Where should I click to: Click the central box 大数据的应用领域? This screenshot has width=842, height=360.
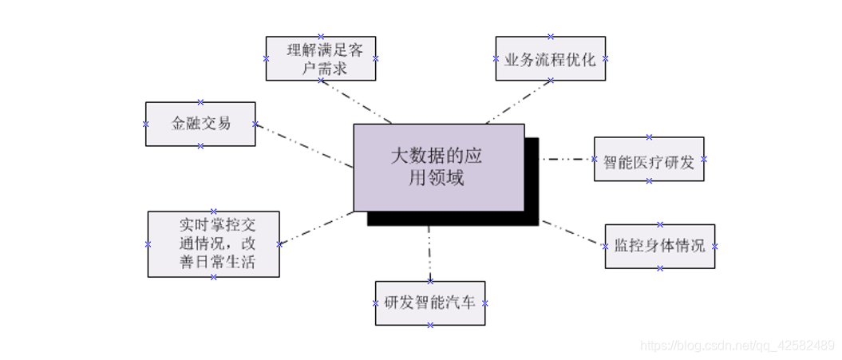click(438, 167)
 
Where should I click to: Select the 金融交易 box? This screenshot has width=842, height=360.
click(200, 124)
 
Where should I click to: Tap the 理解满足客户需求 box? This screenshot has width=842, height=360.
click(320, 58)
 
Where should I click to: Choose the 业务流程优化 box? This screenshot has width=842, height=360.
click(550, 58)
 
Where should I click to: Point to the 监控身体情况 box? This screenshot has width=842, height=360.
click(659, 246)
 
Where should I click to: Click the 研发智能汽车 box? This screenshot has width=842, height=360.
click(430, 303)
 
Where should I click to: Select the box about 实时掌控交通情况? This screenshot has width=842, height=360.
click(214, 243)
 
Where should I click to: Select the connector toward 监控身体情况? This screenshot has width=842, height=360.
click(572, 232)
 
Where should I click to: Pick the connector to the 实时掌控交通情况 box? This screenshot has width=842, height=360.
click(316, 228)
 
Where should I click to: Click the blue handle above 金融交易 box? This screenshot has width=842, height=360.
click(200, 102)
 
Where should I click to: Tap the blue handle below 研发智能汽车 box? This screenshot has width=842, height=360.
click(430, 325)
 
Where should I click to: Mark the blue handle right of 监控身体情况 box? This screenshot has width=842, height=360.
click(715, 246)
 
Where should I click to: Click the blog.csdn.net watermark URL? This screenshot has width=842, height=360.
click(738, 345)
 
